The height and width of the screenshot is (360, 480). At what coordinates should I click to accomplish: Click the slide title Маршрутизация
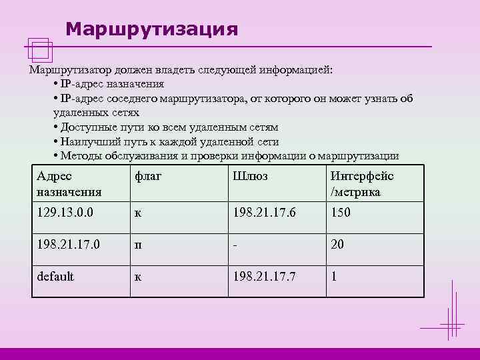[x=152, y=29]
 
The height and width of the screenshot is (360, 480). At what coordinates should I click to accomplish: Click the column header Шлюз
[x=251, y=176]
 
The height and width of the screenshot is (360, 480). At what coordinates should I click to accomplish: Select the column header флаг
[x=149, y=176]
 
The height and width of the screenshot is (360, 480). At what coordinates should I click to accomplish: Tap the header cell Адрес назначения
[x=69, y=184]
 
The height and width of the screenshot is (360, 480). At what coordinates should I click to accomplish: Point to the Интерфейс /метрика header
[x=361, y=184]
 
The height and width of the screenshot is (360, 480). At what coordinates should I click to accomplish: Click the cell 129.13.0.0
[x=65, y=213]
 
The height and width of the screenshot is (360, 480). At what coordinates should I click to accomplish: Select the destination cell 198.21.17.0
[x=69, y=244]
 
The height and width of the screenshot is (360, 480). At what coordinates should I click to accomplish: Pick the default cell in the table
[x=55, y=275]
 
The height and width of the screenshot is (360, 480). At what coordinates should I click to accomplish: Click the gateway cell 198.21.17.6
[x=265, y=213]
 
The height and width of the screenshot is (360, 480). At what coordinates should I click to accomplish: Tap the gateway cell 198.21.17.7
[x=265, y=275]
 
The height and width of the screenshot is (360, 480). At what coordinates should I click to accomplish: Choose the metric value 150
[x=341, y=213]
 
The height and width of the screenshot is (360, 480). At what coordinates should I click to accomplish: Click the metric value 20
[x=337, y=244]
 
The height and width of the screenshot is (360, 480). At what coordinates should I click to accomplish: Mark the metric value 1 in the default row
[x=334, y=275]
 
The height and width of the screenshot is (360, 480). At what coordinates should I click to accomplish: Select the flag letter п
[x=138, y=245]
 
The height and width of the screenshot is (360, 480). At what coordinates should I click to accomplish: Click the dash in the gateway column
[x=235, y=244]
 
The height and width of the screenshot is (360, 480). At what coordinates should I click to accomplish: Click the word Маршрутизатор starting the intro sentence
[x=67, y=69]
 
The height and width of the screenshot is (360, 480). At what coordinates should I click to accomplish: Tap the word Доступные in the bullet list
[x=86, y=127]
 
